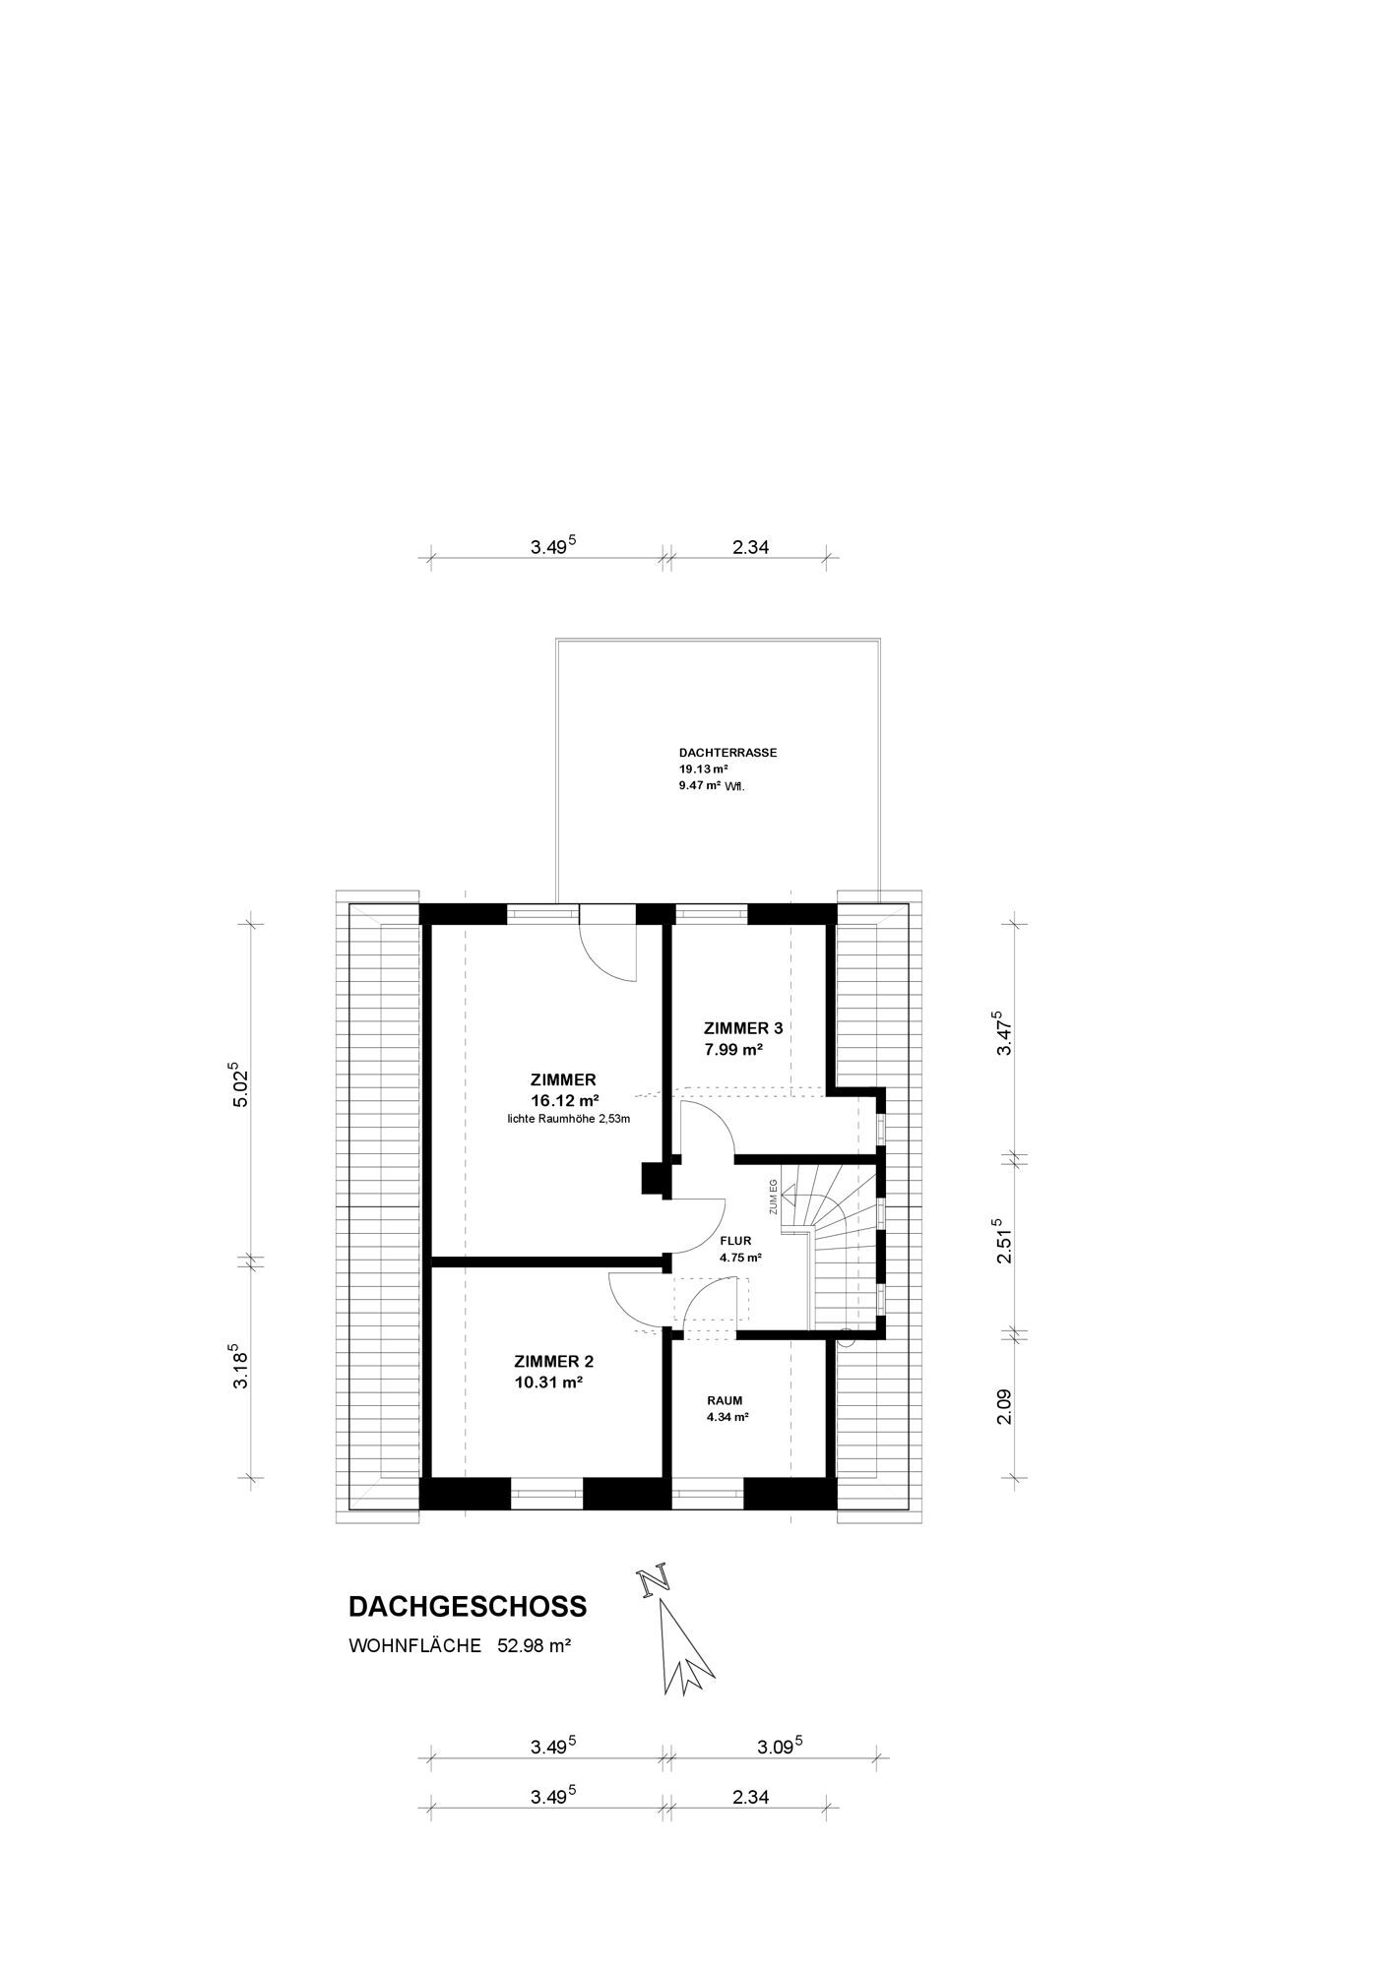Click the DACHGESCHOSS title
coord(468,1606)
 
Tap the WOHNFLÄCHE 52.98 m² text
coord(460,1645)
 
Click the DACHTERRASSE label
coord(728,752)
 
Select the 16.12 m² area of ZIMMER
coord(565,1100)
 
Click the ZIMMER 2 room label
coord(554,1362)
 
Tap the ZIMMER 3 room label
coord(743,1028)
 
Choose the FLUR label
coord(735,1241)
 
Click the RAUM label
coord(725,1400)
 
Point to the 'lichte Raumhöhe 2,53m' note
coord(568,1119)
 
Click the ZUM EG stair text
coord(774,1196)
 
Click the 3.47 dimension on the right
coord(1003,1033)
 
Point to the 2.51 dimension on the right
coord(1003,1243)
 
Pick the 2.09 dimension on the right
coord(1004,1405)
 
